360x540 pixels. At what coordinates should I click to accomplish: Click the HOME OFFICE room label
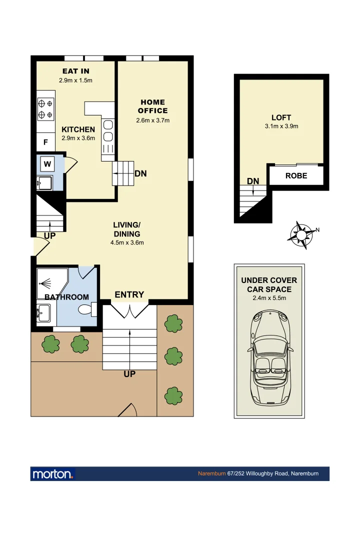click(x=152, y=106)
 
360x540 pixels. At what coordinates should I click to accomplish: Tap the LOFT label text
click(x=281, y=117)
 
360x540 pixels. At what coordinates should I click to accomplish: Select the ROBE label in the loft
click(x=296, y=176)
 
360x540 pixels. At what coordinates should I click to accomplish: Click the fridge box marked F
click(x=45, y=142)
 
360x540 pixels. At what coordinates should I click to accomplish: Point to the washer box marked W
click(x=47, y=163)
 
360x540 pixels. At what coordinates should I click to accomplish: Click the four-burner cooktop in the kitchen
click(x=45, y=109)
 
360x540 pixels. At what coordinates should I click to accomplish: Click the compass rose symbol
click(x=302, y=234)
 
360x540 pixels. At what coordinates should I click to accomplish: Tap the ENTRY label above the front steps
click(x=129, y=295)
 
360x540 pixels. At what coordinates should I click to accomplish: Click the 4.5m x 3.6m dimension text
click(x=127, y=243)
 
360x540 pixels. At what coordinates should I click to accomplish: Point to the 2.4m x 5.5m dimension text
click(x=269, y=298)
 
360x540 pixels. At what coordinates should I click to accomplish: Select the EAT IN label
click(x=76, y=71)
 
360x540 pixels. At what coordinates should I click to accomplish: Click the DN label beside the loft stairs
click(x=253, y=180)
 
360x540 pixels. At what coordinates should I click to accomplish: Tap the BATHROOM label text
click(x=66, y=297)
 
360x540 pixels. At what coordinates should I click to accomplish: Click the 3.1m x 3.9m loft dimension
click(x=281, y=126)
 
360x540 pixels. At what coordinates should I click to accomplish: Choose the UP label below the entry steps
click(x=129, y=373)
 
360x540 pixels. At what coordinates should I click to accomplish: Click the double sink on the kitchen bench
click(x=108, y=136)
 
